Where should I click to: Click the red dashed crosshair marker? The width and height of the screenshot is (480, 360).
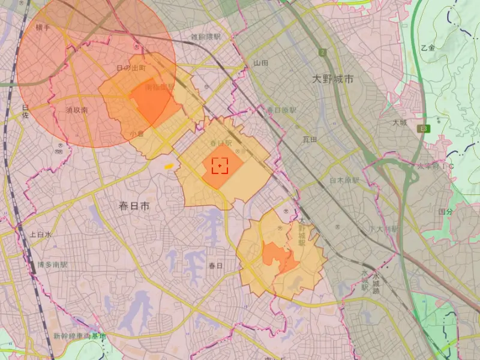220,165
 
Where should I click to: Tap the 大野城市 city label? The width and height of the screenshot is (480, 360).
333,79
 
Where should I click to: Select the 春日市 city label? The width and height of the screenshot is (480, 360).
134,206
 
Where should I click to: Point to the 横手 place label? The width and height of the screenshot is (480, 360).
43,28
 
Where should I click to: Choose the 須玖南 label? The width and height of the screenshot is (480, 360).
77,110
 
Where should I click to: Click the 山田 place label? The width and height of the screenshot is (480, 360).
260,62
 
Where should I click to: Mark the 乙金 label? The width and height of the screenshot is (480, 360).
428,47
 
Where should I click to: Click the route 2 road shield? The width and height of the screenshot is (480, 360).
323,52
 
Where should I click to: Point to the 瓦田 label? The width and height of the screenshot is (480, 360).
310,139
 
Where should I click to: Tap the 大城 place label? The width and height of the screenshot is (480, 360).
400,122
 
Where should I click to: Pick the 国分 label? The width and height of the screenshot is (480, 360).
445,212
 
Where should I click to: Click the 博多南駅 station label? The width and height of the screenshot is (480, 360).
52,265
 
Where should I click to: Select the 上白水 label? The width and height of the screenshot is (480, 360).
40,235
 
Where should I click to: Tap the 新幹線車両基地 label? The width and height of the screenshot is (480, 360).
79,336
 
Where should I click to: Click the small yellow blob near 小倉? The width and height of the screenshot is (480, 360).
169,166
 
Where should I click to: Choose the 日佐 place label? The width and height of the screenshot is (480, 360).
25,111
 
